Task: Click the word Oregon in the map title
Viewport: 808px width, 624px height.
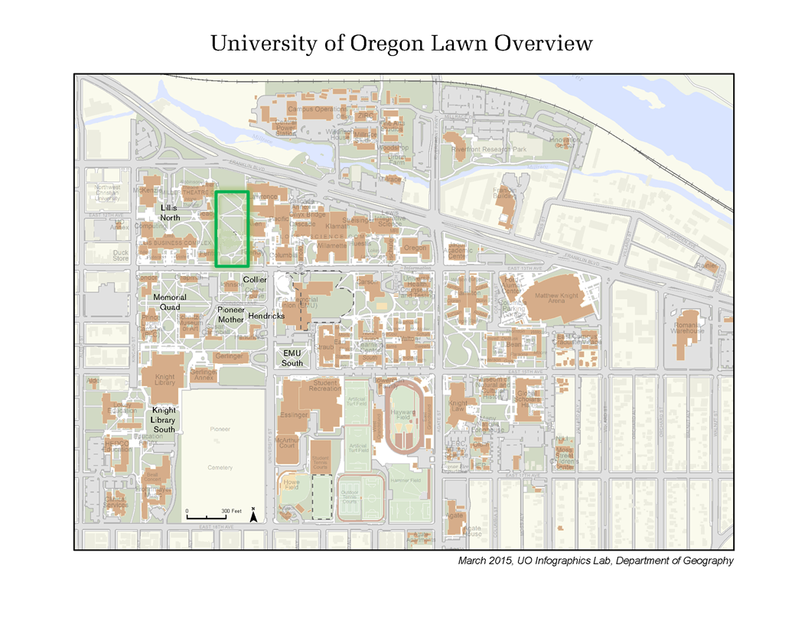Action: pos(378,44)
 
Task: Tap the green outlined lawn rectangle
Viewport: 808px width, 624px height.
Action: pos(232,229)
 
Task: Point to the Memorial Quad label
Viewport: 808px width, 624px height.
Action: pos(169,302)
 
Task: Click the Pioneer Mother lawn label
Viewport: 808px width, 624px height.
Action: pos(231,314)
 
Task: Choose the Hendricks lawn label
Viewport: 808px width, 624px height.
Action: pos(266,316)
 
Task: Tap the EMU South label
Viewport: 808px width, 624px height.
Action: pos(292,358)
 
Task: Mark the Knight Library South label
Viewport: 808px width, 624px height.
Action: pos(165,420)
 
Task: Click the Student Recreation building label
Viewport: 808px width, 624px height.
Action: pos(325,385)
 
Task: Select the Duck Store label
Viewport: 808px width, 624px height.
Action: pos(121,255)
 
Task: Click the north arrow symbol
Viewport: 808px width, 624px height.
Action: pos(253,515)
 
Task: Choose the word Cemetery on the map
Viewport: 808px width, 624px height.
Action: pos(220,467)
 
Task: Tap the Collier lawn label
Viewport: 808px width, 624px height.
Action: pos(255,280)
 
